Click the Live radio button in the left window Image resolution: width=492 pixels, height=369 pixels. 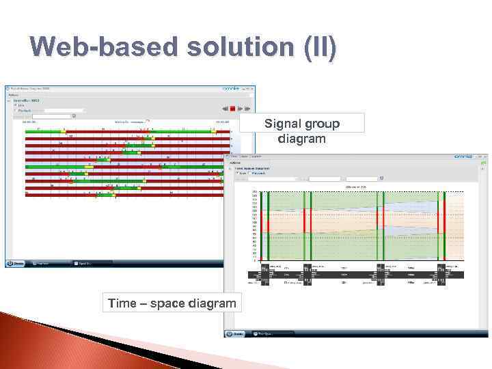pos(16,105)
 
